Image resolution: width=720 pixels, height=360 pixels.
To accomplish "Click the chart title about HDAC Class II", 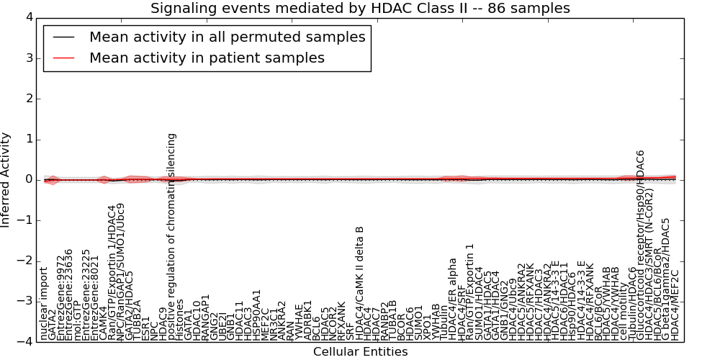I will [x=360, y=8].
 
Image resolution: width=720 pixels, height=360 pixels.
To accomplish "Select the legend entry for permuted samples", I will [x=227, y=37].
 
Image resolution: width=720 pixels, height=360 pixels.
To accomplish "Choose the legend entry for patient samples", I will [x=207, y=58].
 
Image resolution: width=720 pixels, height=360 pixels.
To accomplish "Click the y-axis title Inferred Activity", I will [x=6, y=180].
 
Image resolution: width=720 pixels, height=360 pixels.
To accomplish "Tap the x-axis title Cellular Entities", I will [x=360, y=352].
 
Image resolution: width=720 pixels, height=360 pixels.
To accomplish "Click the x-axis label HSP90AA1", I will [x=257, y=315].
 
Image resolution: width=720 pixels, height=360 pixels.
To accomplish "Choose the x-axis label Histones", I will [x=181, y=320].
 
